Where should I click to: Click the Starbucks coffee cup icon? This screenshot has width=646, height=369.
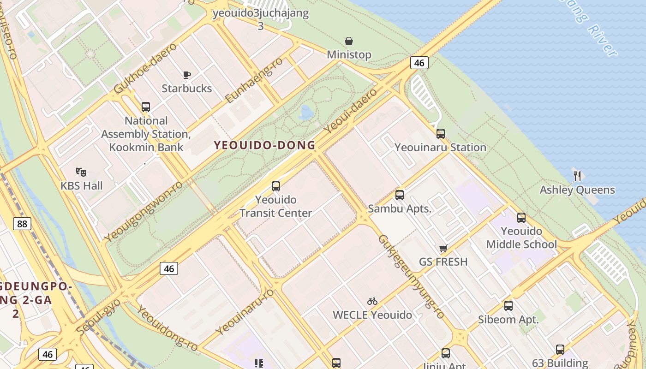(x=186, y=75)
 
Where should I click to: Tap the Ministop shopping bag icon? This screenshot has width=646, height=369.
(x=349, y=41)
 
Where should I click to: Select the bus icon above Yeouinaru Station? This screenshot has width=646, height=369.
(x=441, y=134)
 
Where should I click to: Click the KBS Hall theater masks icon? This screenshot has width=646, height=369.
(x=81, y=172)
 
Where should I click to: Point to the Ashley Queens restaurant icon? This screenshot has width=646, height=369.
(x=577, y=176)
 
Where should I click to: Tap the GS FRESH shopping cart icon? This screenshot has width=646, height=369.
(x=443, y=249)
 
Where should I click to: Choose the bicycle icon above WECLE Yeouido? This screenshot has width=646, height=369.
(x=372, y=301)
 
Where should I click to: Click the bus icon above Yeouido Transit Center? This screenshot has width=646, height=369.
(x=276, y=186)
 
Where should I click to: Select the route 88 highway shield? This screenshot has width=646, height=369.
(x=22, y=224)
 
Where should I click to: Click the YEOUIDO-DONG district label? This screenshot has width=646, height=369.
(x=265, y=145)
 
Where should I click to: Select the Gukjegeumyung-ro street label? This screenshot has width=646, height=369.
(x=411, y=277)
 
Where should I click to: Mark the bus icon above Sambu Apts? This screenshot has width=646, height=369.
(x=400, y=195)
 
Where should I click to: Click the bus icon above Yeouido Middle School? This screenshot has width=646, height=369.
(x=521, y=218)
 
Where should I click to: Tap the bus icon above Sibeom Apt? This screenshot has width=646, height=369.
(x=508, y=305)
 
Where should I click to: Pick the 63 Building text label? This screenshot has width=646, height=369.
(x=560, y=363)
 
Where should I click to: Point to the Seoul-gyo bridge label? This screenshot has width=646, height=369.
(x=98, y=317)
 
